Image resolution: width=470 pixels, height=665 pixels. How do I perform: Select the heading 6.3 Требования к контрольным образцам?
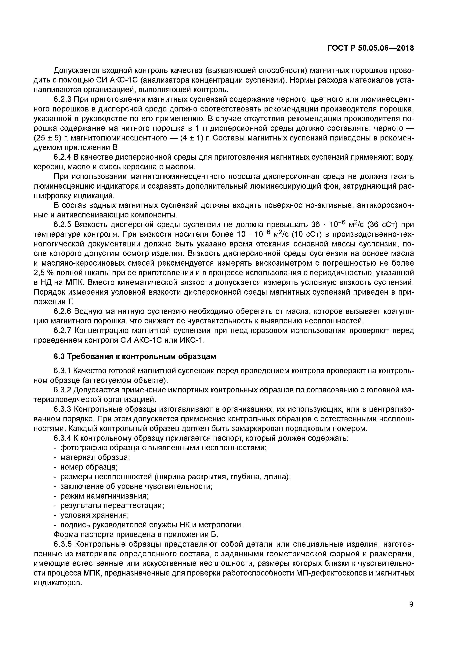pos(135,356)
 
